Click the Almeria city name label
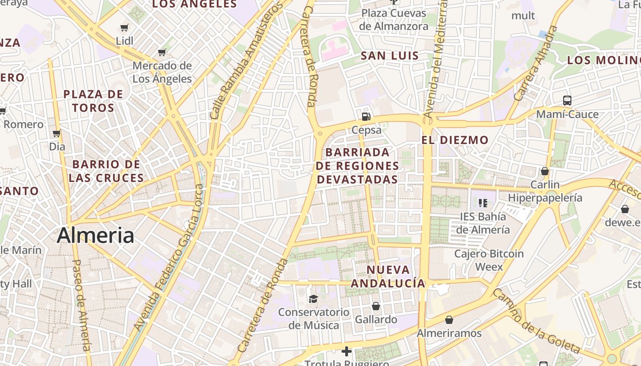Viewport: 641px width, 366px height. [95, 236]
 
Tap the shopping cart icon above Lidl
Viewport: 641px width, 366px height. [124, 28]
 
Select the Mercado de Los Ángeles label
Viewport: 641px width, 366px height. [162, 72]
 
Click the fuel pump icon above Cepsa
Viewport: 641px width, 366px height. [366, 117]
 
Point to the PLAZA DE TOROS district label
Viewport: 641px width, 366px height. [93, 101]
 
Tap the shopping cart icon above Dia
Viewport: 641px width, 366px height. [57, 134]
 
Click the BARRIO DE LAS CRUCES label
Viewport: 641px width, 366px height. [106, 171]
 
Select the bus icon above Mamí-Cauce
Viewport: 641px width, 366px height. [567, 101]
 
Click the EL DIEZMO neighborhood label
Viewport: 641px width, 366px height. [455, 140]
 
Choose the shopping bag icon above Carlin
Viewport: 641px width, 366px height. [544, 171]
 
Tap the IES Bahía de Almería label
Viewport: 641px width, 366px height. [483, 223]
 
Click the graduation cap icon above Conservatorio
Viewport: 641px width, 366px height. [313, 299]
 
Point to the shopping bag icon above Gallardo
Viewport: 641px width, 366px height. [376, 306]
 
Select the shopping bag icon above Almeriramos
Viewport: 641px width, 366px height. [449, 319]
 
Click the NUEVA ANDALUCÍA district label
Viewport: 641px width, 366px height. [388, 276]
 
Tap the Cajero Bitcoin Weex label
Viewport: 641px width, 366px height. [489, 260]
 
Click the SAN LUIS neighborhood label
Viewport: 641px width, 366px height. [390, 56]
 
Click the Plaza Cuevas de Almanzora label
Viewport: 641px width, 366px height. [394, 20]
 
